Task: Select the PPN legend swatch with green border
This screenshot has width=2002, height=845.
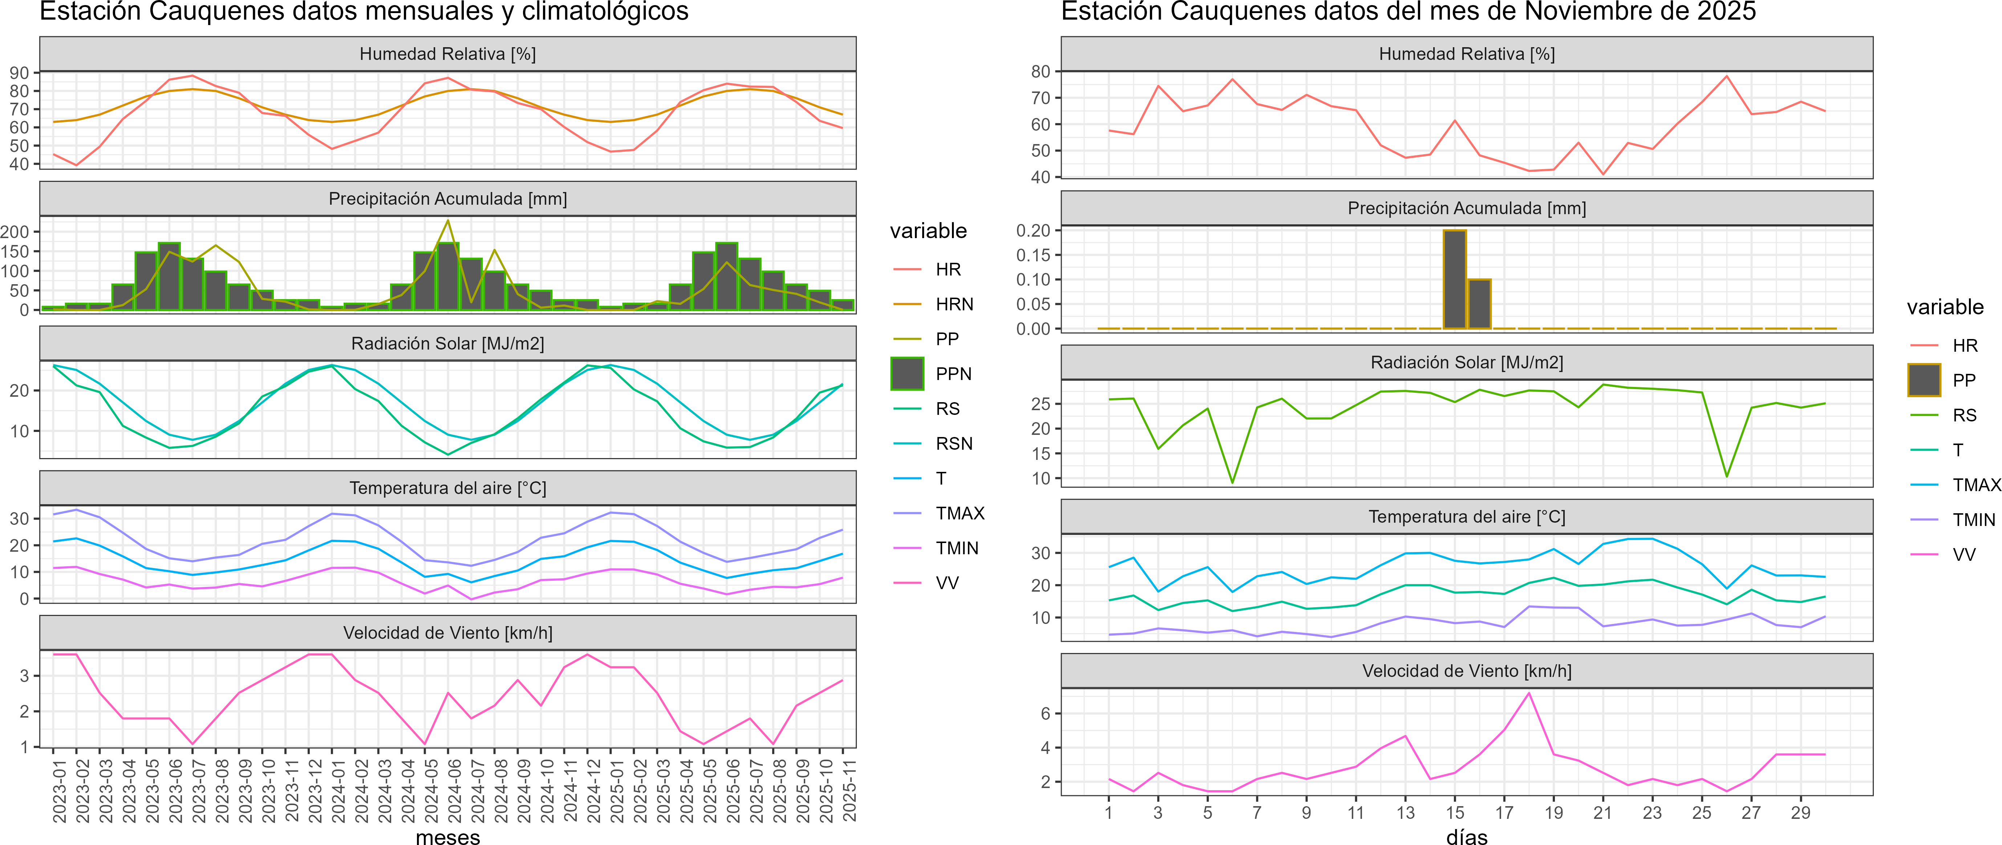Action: tap(907, 373)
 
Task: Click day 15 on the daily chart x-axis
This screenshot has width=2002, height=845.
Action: tap(1455, 812)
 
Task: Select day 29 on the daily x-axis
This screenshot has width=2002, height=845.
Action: tap(1801, 812)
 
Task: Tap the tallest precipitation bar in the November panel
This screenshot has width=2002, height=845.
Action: tap(1455, 279)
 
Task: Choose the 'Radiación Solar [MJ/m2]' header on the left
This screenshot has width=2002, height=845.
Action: tap(447, 343)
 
